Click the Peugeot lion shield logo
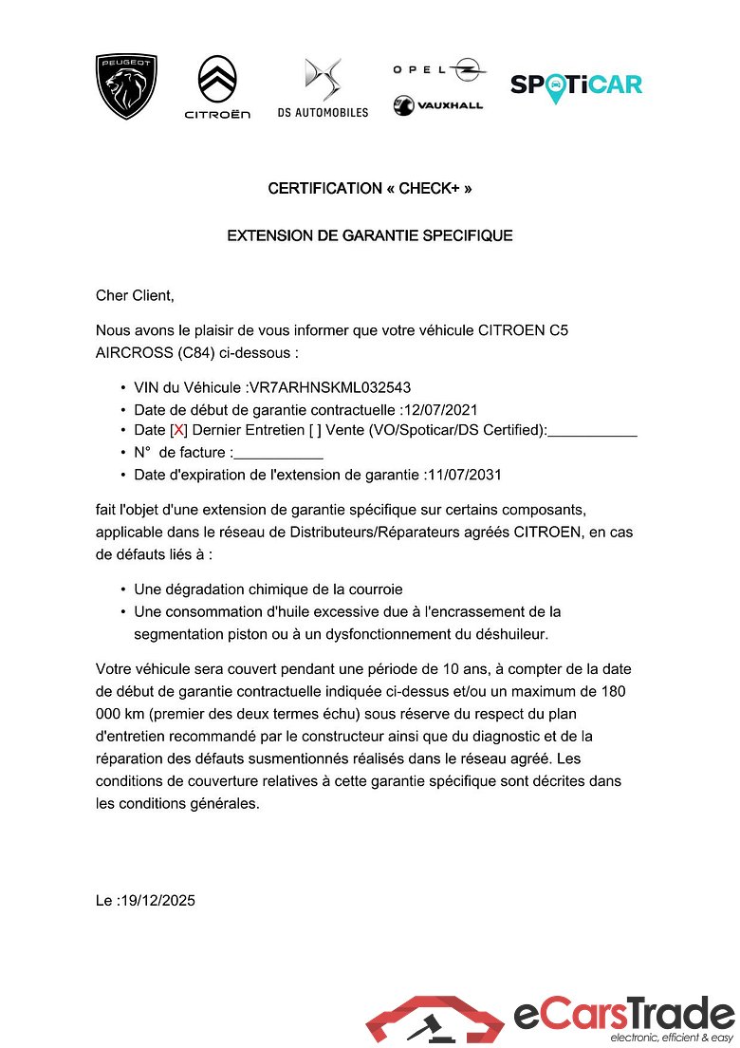pos(126,86)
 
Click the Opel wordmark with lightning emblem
pos(439,68)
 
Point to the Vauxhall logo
pos(438,104)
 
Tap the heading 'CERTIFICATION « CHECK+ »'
pos(370,188)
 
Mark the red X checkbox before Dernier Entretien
pos(178,431)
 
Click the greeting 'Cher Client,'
pos(136,295)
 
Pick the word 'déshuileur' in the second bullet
pos(509,633)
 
